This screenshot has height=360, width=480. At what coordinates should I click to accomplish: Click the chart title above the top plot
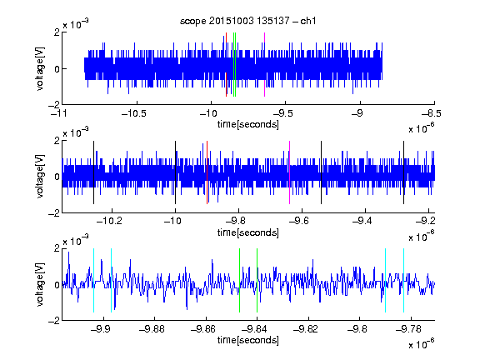pos(248,21)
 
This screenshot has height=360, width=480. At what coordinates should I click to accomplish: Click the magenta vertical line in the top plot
pos(264,65)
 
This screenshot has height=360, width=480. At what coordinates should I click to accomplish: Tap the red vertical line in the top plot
pos(226,65)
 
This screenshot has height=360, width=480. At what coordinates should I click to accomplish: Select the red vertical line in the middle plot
pos(207,172)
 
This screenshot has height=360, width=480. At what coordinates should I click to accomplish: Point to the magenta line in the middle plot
pos(290,172)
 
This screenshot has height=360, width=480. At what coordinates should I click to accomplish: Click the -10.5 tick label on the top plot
pos(134,113)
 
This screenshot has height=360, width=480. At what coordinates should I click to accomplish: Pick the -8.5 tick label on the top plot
pos(432,113)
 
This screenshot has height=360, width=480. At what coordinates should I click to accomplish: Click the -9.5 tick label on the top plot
pos(282,113)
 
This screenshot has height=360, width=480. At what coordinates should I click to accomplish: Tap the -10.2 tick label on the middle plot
pos(109,221)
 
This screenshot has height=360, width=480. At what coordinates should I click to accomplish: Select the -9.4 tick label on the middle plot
pos(362,221)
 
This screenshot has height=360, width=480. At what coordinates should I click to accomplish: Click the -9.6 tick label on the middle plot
pos(299,221)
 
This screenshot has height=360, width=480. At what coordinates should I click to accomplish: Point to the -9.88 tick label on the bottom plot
pos(152,329)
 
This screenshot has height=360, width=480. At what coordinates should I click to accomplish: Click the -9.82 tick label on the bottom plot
pos(306,329)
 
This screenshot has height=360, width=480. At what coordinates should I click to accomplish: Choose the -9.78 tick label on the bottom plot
pos(408,329)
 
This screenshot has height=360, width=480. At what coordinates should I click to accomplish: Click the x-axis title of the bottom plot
pos(248,340)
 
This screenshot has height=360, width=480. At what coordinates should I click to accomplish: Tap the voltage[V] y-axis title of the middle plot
pos(40,177)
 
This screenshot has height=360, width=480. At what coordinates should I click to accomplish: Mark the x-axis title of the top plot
pos(248,124)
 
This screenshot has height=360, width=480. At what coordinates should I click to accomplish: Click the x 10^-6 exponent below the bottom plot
pos(422,344)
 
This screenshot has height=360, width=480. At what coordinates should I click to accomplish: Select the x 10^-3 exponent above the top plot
pos(76,24)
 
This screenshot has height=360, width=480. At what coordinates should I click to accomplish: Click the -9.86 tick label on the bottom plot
pos(203,329)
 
